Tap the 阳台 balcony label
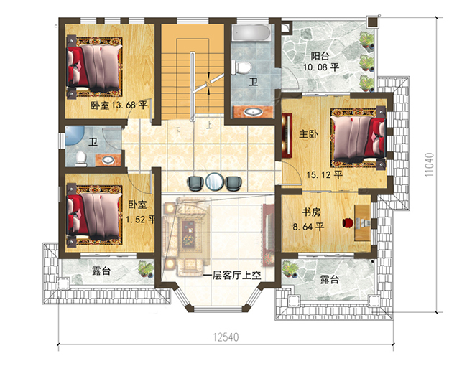320,56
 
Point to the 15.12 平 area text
325,174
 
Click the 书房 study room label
311,212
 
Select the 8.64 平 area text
310,227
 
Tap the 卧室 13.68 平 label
119,105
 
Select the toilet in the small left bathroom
78,157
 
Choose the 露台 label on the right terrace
329,279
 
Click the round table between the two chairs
213,182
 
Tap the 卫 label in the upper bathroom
253,83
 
